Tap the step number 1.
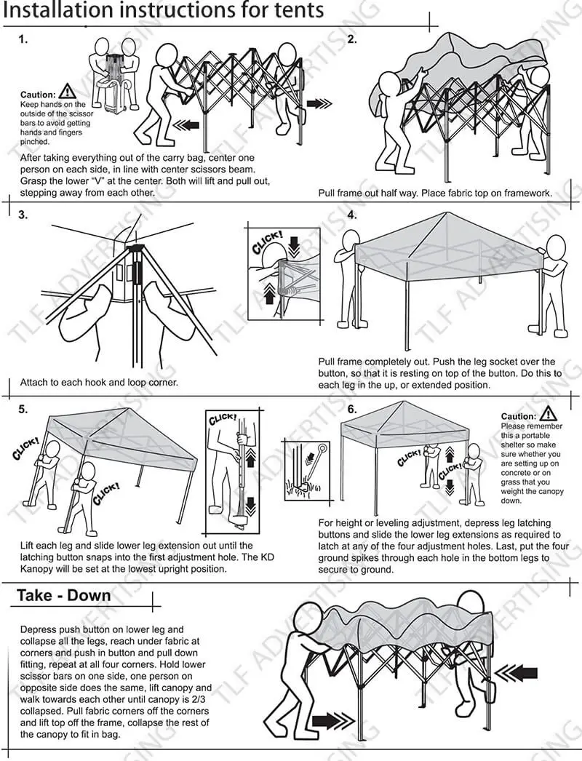[x=23, y=40]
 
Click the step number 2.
[x=352, y=40]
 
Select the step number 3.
[x=23, y=215]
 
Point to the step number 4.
[x=352, y=215]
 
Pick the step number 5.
[x=23, y=409]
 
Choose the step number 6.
[x=352, y=409]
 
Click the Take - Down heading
[x=64, y=595]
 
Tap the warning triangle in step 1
[x=67, y=92]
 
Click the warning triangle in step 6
[x=549, y=413]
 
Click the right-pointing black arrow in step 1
[x=318, y=103]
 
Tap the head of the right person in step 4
[x=557, y=245]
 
